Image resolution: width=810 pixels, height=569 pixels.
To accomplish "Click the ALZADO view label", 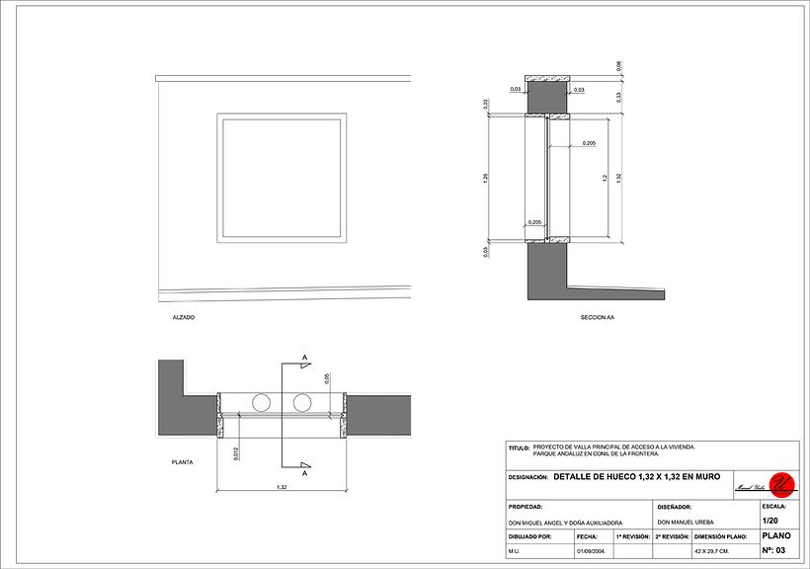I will click(183, 318).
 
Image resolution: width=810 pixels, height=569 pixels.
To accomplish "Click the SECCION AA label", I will click(598, 318).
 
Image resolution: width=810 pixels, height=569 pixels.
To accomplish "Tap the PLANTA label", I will click(182, 461).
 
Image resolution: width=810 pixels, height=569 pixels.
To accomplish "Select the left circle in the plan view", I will click(262, 402).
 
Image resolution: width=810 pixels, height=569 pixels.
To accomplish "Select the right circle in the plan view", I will click(301, 402).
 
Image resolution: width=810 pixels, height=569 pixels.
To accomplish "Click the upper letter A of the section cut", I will click(305, 357).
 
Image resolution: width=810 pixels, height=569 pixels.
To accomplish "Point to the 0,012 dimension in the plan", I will click(235, 453).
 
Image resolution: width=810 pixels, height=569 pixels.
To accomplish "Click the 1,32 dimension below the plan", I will click(282, 487).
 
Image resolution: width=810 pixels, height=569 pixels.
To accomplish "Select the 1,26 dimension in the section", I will click(486, 178).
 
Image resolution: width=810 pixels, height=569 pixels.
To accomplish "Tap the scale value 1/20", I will click(769, 520).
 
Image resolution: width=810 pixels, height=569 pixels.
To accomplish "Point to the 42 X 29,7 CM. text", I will click(711, 550).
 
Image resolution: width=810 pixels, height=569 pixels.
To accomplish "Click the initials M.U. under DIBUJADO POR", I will click(515, 551).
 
